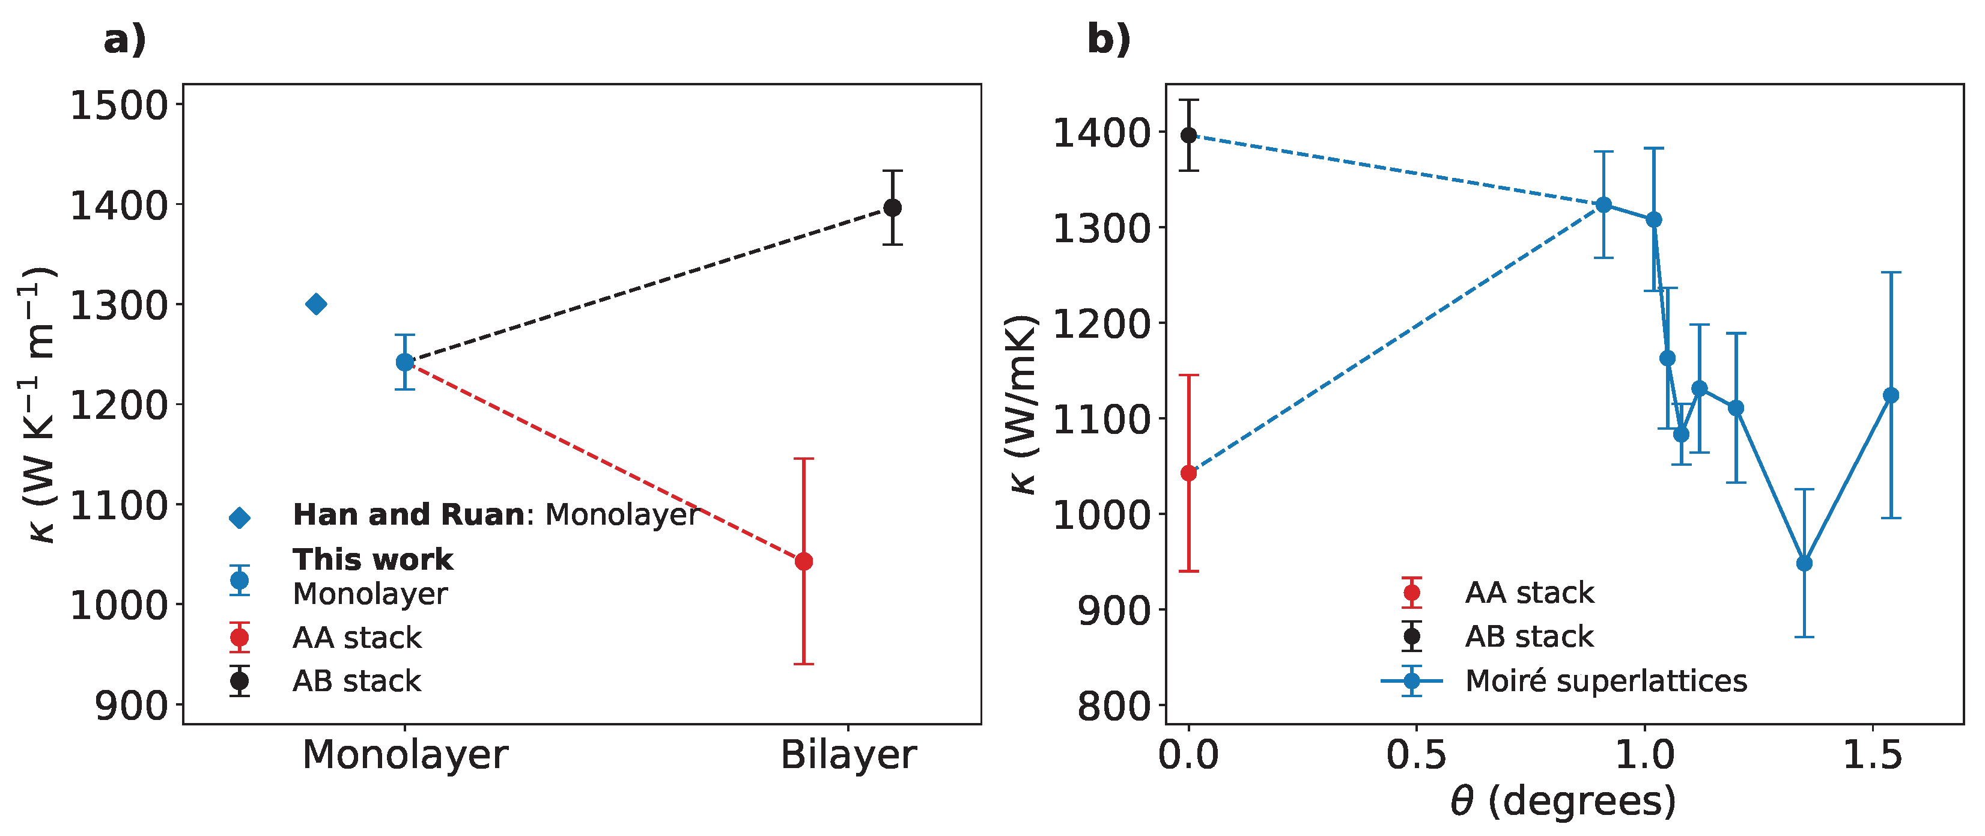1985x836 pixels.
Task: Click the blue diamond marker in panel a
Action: pyautogui.click(x=316, y=304)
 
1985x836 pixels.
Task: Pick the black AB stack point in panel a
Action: pyautogui.click(x=892, y=207)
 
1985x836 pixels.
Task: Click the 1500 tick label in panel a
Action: pyautogui.click(x=120, y=106)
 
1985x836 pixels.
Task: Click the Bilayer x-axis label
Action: pyautogui.click(x=848, y=754)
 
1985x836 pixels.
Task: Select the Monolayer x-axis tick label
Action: pyautogui.click(x=404, y=754)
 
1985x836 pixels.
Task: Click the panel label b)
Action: pyautogui.click(x=1108, y=38)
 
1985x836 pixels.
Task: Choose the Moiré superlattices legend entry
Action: pyautogui.click(x=1605, y=680)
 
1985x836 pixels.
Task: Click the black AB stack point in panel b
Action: pyautogui.click(x=1189, y=136)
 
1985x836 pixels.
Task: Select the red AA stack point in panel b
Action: pyautogui.click(x=1189, y=472)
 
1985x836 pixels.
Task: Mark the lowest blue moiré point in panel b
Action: pyautogui.click(x=1804, y=563)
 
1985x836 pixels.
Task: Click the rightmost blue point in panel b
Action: pyautogui.click(x=1891, y=395)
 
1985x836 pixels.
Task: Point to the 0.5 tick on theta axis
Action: pyautogui.click(x=1416, y=754)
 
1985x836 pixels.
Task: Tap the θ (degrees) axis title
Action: pyautogui.click(x=1563, y=801)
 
